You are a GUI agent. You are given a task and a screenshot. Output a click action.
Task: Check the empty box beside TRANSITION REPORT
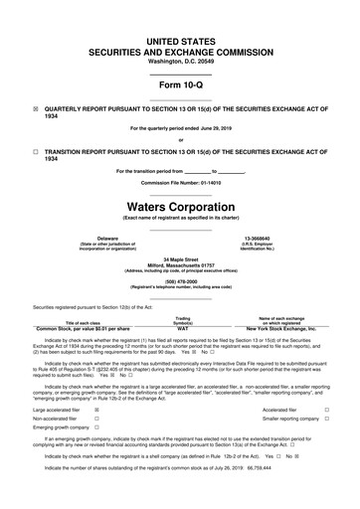(37, 152)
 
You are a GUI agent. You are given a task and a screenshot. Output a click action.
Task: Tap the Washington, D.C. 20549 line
(180, 48)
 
